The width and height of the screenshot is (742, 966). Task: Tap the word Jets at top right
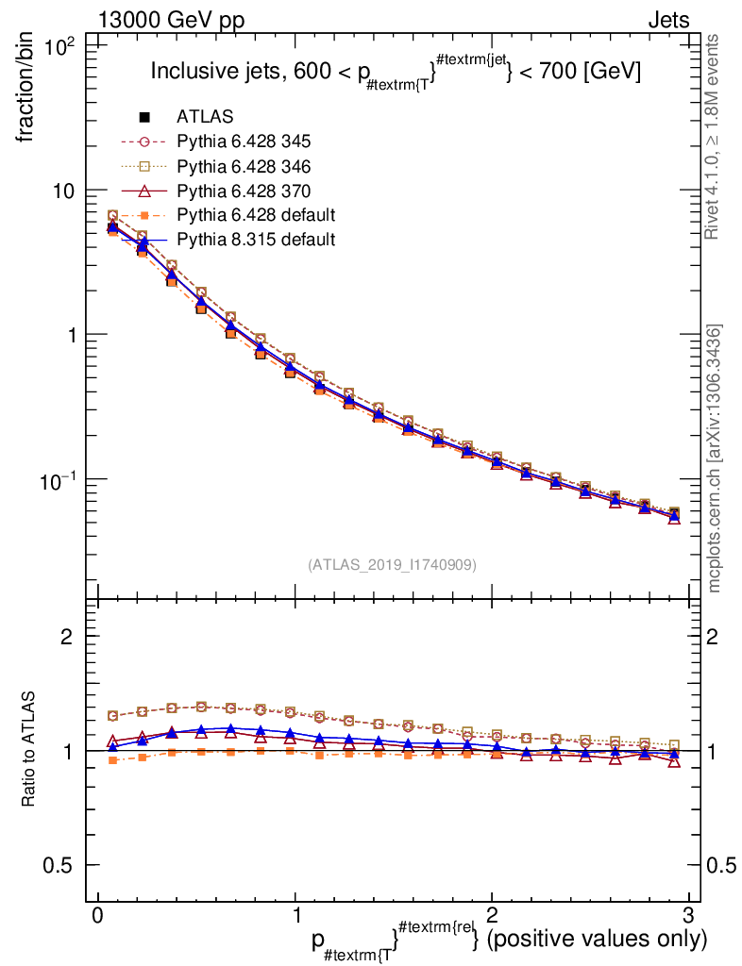coord(667,21)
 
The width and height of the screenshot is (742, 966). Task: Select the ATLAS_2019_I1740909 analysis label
coord(392,565)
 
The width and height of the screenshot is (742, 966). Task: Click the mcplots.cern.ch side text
coord(716,458)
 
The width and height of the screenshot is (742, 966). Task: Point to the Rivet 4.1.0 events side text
coord(716,137)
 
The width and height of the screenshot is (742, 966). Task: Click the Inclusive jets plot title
coord(396,72)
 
